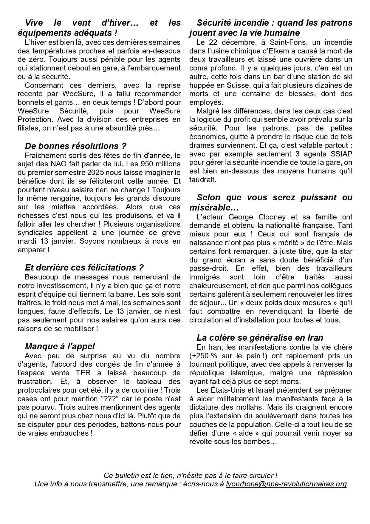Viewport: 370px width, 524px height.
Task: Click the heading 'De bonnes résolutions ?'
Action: pos(75,146)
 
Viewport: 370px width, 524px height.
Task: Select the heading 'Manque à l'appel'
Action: pos(60,346)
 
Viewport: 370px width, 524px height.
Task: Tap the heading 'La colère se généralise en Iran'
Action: pos(260,338)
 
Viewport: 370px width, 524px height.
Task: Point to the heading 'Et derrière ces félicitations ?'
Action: pos(84,267)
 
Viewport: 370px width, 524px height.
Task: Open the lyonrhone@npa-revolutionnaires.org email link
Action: pos(286,484)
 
